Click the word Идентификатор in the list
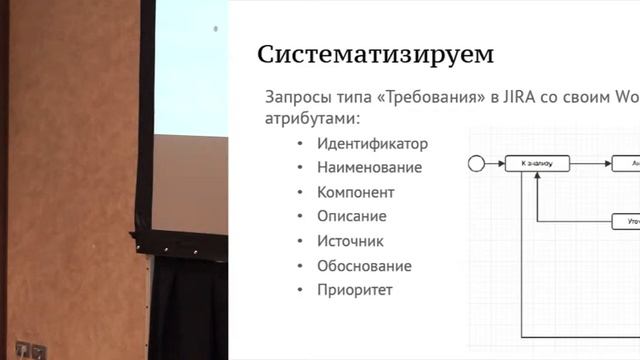point(372,143)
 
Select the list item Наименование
point(369,168)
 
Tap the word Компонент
point(356,192)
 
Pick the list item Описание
point(352,216)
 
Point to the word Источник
point(350,241)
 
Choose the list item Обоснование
point(364,266)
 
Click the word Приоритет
point(355,290)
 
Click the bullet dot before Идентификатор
point(300,144)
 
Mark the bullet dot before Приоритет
point(300,291)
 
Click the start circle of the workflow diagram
point(476,162)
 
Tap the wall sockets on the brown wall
point(31,351)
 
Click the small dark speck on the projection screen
point(215,29)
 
